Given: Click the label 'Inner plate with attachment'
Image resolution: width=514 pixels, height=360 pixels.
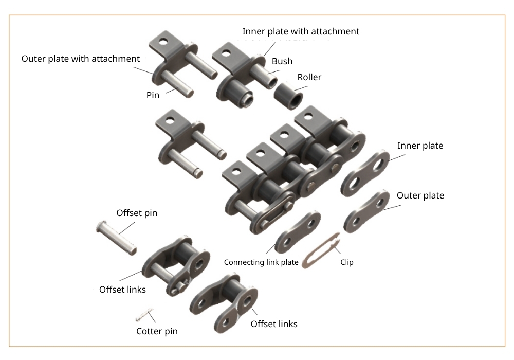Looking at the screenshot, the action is (x=301, y=31).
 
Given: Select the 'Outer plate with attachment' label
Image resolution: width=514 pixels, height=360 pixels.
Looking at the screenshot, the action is (x=81, y=59).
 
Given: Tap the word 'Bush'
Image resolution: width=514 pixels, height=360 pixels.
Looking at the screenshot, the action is (x=282, y=61).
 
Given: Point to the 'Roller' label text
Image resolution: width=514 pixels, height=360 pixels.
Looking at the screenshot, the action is (x=309, y=77).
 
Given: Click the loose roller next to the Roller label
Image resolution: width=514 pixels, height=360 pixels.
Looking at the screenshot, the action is (x=288, y=96).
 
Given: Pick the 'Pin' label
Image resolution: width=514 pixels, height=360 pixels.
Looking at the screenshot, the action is (x=153, y=95).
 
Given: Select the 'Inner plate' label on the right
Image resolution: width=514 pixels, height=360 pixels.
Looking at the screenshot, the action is (x=420, y=146).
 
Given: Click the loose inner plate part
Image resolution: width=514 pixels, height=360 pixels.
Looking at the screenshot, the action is (x=365, y=173).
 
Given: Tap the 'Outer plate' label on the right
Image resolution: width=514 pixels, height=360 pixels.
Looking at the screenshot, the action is (x=420, y=195).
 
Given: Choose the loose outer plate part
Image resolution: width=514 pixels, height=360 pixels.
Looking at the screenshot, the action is (x=367, y=211).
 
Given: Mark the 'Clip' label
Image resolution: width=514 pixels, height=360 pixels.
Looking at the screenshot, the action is (x=347, y=262).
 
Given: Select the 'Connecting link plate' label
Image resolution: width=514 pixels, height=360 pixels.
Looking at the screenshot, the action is (x=261, y=262).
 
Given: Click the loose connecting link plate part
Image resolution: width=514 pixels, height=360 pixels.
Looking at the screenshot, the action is (x=298, y=232).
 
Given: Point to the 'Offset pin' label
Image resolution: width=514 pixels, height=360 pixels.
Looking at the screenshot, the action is (x=137, y=213).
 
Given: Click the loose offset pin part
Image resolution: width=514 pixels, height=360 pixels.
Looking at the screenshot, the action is (x=116, y=238).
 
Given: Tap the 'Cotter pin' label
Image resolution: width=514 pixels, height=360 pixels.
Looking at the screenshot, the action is (x=157, y=332).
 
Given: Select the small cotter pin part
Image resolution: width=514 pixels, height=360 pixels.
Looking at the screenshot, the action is (x=144, y=315).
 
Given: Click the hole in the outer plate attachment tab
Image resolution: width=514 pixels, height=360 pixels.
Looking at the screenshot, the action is (x=163, y=42).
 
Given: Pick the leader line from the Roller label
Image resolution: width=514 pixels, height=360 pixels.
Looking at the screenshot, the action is (x=301, y=88).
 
